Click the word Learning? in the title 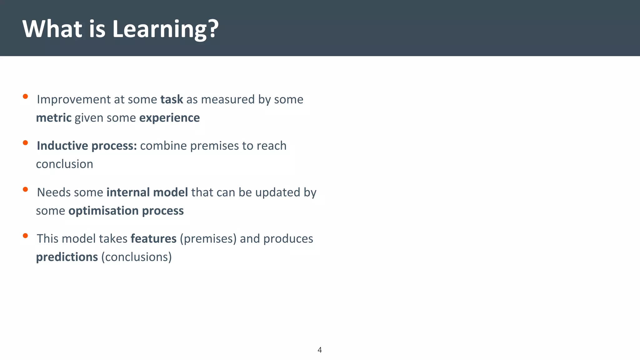coord(165,29)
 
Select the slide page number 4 coord(319,350)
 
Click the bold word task coord(172,99)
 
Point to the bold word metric coord(54,118)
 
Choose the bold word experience coord(169,118)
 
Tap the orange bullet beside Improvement coord(25,97)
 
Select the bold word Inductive coord(62,146)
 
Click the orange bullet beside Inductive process coord(25,143)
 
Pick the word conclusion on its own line coord(64,164)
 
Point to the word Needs coord(52,192)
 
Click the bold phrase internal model coord(147,192)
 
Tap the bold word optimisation coord(103,211)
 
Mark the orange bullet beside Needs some coord(25,189)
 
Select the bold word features coord(153,238)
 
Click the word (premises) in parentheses coord(208,238)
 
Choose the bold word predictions coord(67,257)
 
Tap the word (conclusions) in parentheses coord(137,257)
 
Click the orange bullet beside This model coord(25,236)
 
